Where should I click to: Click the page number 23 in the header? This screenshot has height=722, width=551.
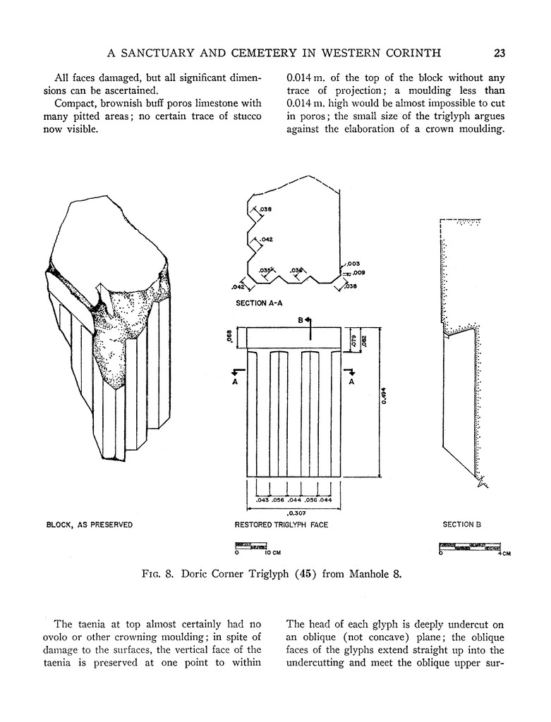pos(499,52)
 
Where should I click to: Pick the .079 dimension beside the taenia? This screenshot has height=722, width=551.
pos(353,338)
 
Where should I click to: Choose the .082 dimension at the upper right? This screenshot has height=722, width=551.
pos(364,338)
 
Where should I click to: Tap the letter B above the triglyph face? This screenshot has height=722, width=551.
pos(300,319)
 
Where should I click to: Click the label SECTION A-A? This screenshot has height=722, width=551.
pos(259,302)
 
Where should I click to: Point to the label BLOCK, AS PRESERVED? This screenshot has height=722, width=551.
pos(89,525)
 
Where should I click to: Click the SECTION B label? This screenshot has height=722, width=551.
pos(461,525)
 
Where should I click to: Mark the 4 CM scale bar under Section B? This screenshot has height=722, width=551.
pos(470,546)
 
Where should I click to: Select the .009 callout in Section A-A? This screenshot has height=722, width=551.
pos(358,272)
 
